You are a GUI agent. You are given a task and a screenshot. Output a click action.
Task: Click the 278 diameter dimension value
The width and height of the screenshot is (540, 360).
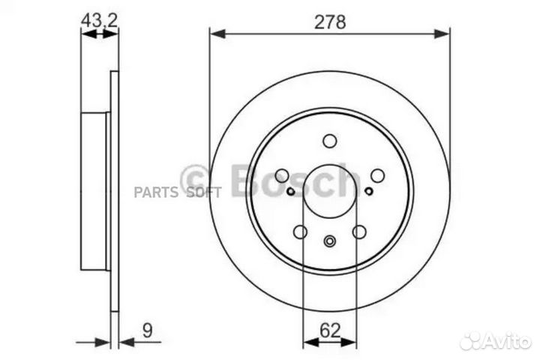coord(330,22)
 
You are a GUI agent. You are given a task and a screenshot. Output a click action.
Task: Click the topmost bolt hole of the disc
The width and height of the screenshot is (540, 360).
coord(330,140)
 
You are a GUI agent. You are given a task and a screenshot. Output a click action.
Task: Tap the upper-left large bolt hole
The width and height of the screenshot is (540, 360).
coord(282,175)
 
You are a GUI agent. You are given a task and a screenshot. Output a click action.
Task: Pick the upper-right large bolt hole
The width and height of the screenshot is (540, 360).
coord(377,175)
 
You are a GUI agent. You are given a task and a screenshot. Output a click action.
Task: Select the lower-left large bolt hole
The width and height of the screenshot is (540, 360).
coord(300,232)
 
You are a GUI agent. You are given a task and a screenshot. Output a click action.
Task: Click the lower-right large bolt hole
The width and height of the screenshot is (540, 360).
coord(359,232)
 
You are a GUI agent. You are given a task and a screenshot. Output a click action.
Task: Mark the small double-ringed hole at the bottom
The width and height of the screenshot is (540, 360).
coord(330,241)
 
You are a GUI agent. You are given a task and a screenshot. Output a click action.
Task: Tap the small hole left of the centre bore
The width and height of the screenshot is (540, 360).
coord(291,190)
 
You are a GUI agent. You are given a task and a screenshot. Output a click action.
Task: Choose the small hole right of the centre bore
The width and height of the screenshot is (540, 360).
coord(368,190)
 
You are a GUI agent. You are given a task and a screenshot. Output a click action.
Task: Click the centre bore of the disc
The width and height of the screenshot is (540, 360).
coord(330,191)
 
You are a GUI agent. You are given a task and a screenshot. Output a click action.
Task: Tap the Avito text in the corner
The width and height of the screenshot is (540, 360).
coord(508,340)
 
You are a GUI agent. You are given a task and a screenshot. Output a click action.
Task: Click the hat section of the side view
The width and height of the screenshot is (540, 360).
coord(94,191)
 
